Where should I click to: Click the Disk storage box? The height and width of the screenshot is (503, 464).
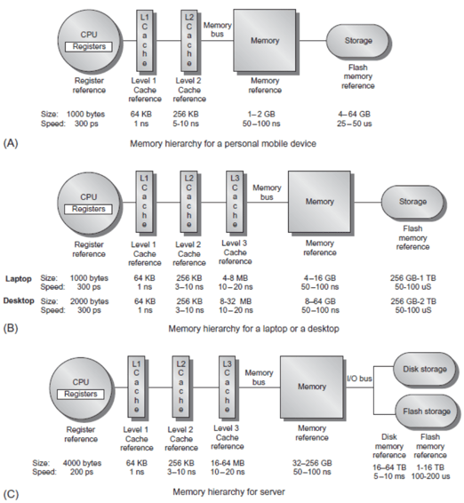pyautogui.click(x=425, y=370)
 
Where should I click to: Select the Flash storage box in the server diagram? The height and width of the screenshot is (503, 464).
pyautogui.click(x=426, y=411)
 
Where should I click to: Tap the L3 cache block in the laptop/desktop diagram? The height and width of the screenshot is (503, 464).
pyautogui.click(x=235, y=202)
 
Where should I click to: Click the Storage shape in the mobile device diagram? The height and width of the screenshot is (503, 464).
pyautogui.click(x=358, y=41)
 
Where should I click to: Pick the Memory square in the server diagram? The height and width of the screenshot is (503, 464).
pyautogui.click(x=312, y=387)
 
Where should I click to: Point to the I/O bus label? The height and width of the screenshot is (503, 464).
pyautogui.click(x=359, y=379)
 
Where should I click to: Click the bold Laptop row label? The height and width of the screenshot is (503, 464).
pyautogui.click(x=19, y=278)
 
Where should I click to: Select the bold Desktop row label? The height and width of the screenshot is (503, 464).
pyautogui.click(x=19, y=301)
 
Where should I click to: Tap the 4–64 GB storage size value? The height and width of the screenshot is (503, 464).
pyautogui.click(x=355, y=115)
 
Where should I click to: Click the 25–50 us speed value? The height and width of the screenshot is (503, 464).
pyautogui.click(x=355, y=124)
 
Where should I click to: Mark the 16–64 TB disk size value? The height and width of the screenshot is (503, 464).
pyautogui.click(x=389, y=467)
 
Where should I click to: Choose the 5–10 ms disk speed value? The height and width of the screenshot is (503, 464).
pyautogui.click(x=389, y=476)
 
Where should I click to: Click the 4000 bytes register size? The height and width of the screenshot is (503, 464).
pyautogui.click(x=82, y=463)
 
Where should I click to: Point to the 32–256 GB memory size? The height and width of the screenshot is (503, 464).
pyautogui.click(x=312, y=463)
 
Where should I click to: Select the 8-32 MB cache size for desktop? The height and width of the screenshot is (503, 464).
pyautogui.click(x=236, y=301)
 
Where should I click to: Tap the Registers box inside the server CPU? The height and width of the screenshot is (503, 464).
pyautogui.click(x=81, y=394)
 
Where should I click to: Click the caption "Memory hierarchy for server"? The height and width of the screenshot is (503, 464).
pyautogui.click(x=228, y=491)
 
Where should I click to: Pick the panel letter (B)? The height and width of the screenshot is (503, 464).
pyautogui.click(x=11, y=329)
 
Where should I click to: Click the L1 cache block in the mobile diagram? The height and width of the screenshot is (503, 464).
pyautogui.click(x=144, y=41)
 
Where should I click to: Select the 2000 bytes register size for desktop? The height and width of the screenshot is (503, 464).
pyautogui.click(x=89, y=301)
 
